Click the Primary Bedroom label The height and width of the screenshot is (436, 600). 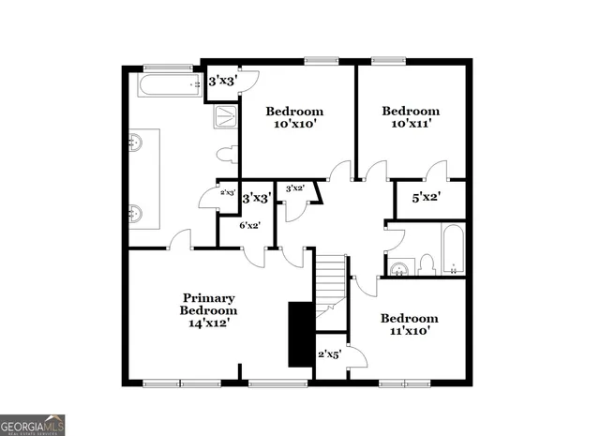208,304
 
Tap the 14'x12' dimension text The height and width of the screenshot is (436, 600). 208,322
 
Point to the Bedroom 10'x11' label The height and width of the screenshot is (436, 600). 410,117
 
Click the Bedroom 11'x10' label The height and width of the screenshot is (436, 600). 409,324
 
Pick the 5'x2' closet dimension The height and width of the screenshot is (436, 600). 426,197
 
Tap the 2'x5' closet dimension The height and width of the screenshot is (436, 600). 329,354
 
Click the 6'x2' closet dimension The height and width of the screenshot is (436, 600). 249,225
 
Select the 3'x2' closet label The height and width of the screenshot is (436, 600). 294,188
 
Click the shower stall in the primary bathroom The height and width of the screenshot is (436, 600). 227,116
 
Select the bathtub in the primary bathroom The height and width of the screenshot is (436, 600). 170,86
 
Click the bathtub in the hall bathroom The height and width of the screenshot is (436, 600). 453,249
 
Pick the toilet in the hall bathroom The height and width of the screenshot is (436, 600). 427,263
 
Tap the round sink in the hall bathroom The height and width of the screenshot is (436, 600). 398,268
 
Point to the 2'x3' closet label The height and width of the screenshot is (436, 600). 227,192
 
